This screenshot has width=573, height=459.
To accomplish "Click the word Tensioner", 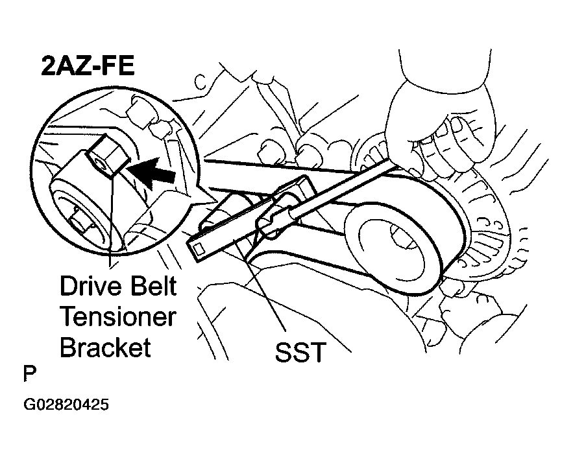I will tap(117, 317).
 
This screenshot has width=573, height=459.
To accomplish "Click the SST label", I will tap(299, 355).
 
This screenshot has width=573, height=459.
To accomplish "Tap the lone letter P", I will tap(29, 375).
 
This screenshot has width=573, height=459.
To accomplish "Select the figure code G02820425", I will tap(66, 406).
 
